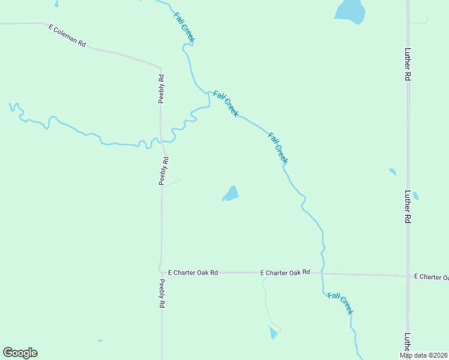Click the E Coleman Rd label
67,35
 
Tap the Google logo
20,353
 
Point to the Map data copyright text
424,355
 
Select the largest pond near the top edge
351,11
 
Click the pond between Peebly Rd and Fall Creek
231,193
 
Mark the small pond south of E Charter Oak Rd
273,332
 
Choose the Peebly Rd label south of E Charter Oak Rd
162,293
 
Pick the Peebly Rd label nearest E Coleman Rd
161,88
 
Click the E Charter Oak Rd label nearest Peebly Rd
193,272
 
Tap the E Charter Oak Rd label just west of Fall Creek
285,272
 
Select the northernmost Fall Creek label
184,27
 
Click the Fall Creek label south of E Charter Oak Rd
340,303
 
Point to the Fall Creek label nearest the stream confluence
225,103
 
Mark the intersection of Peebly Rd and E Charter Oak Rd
161,272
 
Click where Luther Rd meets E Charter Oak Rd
408,275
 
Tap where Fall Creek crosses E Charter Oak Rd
322,274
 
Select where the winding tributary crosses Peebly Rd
161,142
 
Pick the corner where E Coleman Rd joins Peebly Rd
160,67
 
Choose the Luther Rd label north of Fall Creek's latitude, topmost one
407,64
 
